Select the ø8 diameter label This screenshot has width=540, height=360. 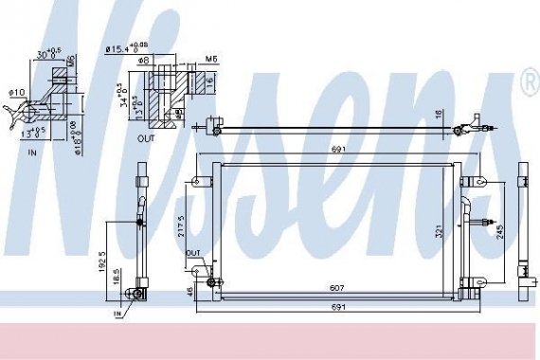[147, 62]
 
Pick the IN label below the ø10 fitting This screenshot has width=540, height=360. [33, 150]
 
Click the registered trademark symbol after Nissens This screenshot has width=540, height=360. [529, 82]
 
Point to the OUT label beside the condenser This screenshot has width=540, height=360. [192, 254]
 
